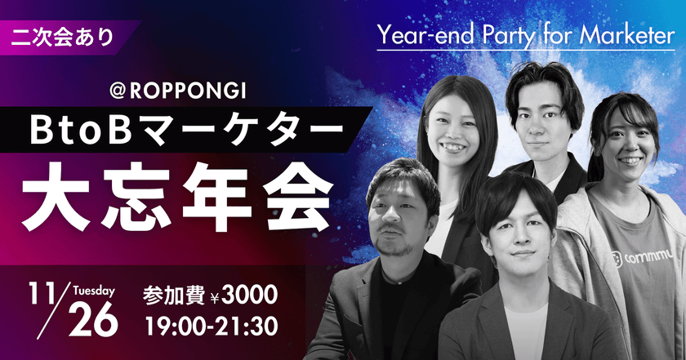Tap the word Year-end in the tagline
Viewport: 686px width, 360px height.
point(417,36)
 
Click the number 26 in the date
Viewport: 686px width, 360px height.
point(94,320)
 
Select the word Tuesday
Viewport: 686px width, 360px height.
point(94,290)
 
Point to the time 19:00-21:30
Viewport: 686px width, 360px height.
point(210,325)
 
